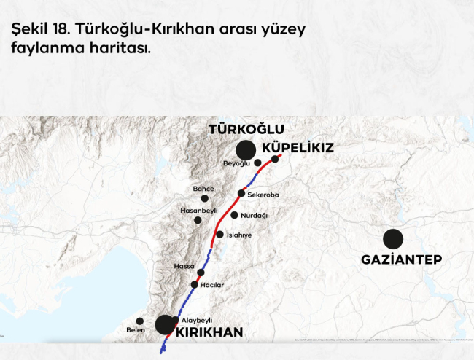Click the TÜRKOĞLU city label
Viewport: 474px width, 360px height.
pyautogui.click(x=246, y=129)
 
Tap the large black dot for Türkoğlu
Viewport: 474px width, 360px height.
pyautogui.click(x=246, y=150)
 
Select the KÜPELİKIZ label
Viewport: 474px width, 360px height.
pyautogui.click(x=297, y=147)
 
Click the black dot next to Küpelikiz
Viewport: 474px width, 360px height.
pyautogui.click(x=275, y=159)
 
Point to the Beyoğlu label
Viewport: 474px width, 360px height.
pyautogui.click(x=236, y=163)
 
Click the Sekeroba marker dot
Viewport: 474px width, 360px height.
pyautogui.click(x=241, y=193)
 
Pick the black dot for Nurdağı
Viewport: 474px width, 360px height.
pyautogui.click(x=234, y=215)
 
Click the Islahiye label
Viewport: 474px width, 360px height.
pyautogui.click(x=239, y=235)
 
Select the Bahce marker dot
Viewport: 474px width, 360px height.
pyautogui.click(x=205, y=198)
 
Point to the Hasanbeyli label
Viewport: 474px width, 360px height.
pyautogui.click(x=198, y=210)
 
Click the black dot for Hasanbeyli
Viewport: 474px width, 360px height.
pyautogui.click(x=197, y=220)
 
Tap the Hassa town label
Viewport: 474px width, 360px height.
pyautogui.click(x=184, y=267)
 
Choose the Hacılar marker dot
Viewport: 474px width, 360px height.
pyautogui.click(x=194, y=284)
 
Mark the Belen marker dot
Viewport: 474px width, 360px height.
pyautogui.click(x=140, y=321)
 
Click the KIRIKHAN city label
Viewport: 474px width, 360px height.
pyautogui.click(x=209, y=332)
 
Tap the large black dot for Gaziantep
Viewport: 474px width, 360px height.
pyautogui.click(x=393, y=238)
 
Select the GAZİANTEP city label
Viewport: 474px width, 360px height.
pyautogui.click(x=402, y=259)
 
